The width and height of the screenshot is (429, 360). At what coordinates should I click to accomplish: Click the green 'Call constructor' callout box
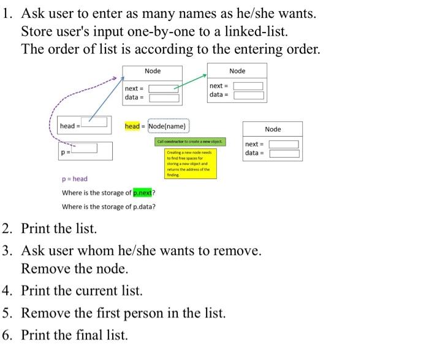pyautogui.click(x=191, y=142)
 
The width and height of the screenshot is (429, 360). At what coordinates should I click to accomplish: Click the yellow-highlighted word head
pyautogui.click(x=132, y=126)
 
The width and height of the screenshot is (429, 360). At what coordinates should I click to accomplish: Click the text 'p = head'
pyautogui.click(x=75, y=179)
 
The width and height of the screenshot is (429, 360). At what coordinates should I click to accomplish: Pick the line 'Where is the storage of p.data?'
pyautogui.click(x=108, y=207)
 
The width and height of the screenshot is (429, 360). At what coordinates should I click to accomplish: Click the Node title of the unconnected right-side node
pyautogui.click(x=273, y=129)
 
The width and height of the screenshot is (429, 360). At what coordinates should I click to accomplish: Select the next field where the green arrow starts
pyautogui.click(x=163, y=88)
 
